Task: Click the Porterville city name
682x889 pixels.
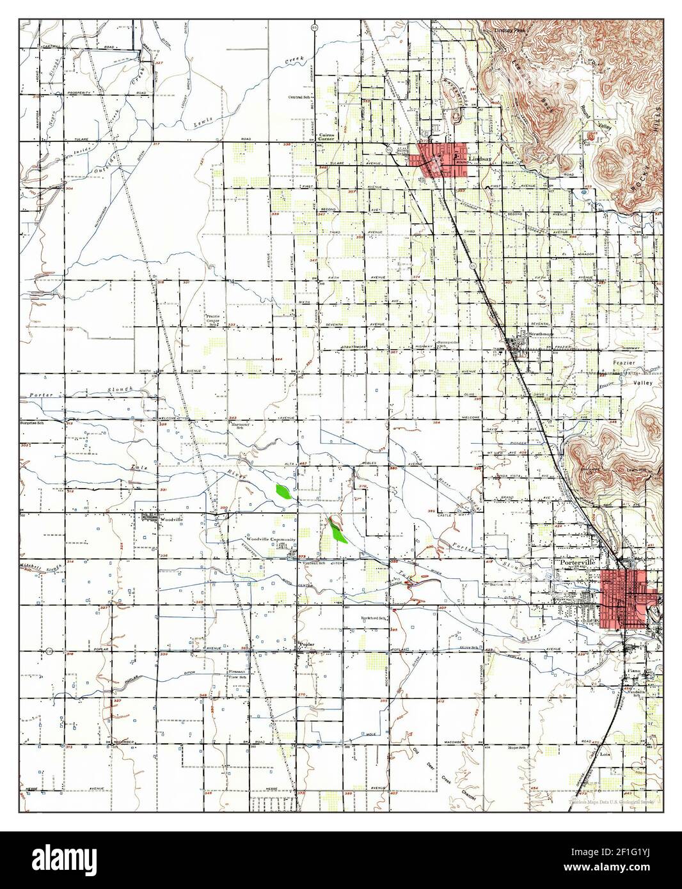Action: click(578, 562)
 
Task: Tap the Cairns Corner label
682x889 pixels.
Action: click(330, 138)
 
